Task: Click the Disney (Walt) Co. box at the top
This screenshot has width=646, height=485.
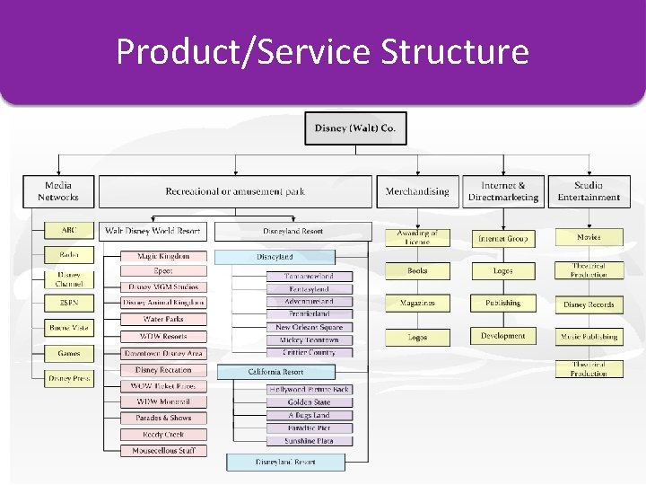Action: pos(355,128)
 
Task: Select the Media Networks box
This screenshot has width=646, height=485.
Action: pos(57,191)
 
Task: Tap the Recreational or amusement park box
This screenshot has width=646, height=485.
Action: pos(234,191)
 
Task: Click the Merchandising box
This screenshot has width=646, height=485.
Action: pos(417,191)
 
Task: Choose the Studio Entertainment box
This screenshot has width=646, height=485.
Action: pos(589,191)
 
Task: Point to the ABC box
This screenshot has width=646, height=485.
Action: pos(69,231)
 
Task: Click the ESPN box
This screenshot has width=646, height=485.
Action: pos(69,304)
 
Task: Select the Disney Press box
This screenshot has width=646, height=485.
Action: pos(69,378)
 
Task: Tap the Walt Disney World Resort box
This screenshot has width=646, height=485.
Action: pos(153,231)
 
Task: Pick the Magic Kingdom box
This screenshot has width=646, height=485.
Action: pos(163,256)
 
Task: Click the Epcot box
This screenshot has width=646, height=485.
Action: pos(163,270)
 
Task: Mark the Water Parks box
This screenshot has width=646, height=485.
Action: pos(163,319)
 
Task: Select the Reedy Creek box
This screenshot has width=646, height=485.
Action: pos(163,435)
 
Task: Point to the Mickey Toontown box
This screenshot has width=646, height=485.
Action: pos(309,340)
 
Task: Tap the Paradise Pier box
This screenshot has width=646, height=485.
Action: pos(309,428)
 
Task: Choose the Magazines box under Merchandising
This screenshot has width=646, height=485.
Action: pos(417,304)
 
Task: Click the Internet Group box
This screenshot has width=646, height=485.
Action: pos(502,239)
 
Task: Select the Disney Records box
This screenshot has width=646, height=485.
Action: pos(589,304)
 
